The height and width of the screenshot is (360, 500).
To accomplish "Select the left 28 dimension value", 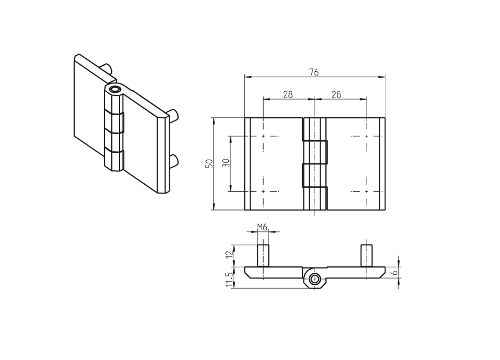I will (x=288, y=94).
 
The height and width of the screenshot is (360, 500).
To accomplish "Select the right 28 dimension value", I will (x=337, y=94).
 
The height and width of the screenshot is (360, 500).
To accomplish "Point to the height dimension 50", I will (x=210, y=163).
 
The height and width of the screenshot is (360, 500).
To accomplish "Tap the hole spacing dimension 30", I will (x=226, y=163).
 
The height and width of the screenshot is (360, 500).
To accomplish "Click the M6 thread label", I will (x=262, y=227).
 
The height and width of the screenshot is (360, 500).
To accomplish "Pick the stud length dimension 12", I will (x=230, y=255).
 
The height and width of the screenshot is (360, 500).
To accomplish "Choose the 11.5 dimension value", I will (x=230, y=279).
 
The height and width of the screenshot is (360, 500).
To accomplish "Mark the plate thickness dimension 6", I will (x=394, y=273).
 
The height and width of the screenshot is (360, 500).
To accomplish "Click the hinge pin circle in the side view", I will (x=315, y=278).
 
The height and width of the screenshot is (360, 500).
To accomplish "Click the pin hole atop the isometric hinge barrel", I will (x=114, y=89).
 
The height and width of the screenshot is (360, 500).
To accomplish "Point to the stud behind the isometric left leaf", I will (x=107, y=68).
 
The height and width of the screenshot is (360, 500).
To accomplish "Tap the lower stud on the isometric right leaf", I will (x=174, y=159).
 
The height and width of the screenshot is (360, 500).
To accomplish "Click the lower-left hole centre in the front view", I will (x=263, y=191).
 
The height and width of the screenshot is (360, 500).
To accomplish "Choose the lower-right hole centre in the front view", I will (x=367, y=191).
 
